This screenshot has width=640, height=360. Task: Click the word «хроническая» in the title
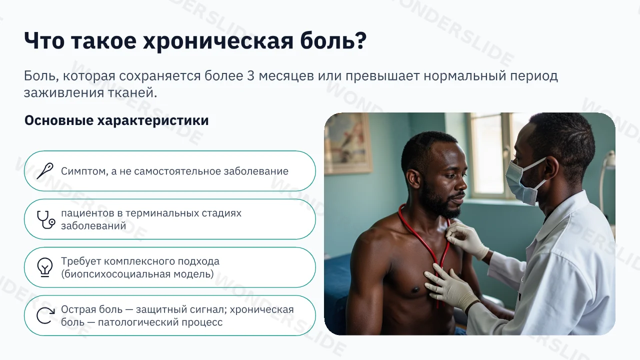[x=218, y=41]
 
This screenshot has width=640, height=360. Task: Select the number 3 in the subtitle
[x=250, y=76]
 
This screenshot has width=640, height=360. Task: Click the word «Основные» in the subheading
[x=59, y=120]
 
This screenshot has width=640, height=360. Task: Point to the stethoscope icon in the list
[x=45, y=219]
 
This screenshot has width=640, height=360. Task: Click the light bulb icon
[x=45, y=267]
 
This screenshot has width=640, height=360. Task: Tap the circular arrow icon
[x=45, y=315]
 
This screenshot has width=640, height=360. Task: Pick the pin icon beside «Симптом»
[x=45, y=171]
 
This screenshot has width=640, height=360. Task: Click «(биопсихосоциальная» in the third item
[x=115, y=274]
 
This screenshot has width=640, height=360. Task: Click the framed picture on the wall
[x=348, y=142]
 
